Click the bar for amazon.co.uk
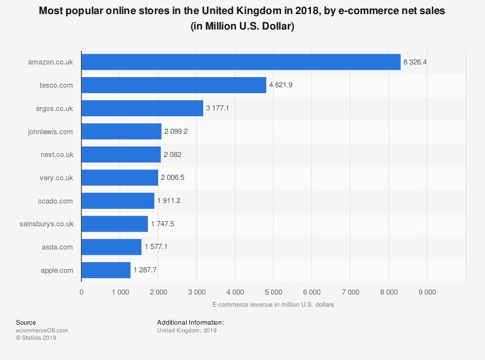pos(241,62)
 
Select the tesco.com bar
pos(174,85)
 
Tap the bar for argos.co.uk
pos(142,108)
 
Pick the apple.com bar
pos(106,270)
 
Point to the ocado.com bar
pos(118,201)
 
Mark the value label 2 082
pos(173,155)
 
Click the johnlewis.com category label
pos(50,131)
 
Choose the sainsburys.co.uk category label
pos(47,224)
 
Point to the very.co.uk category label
pos(56,178)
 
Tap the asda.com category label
pos(57,247)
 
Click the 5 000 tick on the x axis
pos(273,292)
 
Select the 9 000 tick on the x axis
pos(427,292)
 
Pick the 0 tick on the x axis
pos(81,292)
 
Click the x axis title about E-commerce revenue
pos(273,305)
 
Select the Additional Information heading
pos(190,322)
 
